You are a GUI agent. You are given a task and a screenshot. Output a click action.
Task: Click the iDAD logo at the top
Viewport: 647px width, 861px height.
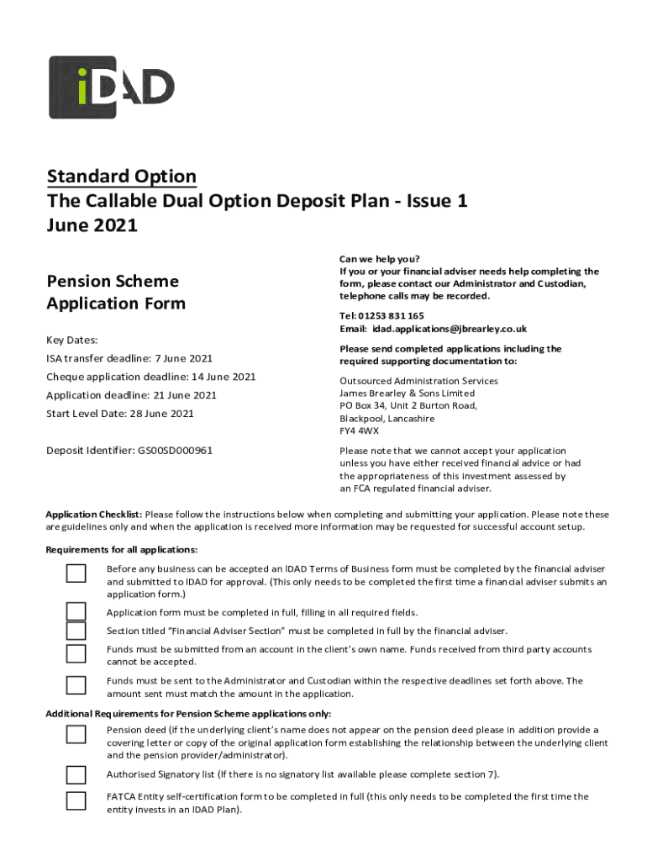(x=112, y=87)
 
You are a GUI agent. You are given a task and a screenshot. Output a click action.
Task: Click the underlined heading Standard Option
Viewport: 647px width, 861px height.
(x=122, y=177)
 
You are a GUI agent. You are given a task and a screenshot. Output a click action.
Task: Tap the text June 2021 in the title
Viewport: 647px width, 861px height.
(x=92, y=225)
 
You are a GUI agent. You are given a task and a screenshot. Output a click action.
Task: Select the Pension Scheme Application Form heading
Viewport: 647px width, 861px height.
(x=116, y=292)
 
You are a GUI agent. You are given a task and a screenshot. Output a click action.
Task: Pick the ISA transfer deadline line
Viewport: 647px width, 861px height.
(x=129, y=358)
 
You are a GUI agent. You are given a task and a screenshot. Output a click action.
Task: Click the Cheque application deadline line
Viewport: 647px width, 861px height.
(x=151, y=377)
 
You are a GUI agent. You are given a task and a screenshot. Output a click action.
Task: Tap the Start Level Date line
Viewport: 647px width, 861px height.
(x=120, y=413)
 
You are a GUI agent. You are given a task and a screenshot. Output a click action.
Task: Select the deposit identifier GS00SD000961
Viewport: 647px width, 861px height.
(x=175, y=450)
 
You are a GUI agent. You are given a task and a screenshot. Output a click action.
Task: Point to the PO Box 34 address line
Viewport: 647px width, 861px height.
(x=408, y=405)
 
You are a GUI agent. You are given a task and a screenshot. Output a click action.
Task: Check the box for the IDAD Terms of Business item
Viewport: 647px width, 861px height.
(x=76, y=573)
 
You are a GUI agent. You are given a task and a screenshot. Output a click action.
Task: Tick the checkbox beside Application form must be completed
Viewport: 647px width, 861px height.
(x=76, y=611)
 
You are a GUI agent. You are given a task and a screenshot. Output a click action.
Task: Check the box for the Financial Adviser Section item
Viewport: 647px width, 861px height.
(x=76, y=631)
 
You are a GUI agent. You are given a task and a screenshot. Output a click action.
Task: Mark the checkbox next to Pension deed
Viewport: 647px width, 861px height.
(x=76, y=735)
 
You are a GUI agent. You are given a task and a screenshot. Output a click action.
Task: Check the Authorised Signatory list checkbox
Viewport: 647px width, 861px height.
(x=76, y=774)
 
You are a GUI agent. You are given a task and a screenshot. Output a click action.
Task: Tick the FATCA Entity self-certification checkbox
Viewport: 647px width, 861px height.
(x=76, y=800)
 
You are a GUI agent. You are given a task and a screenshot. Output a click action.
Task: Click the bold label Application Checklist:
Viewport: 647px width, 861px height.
(x=93, y=514)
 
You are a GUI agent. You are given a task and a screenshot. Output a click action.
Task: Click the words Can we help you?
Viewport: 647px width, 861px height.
(x=379, y=258)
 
